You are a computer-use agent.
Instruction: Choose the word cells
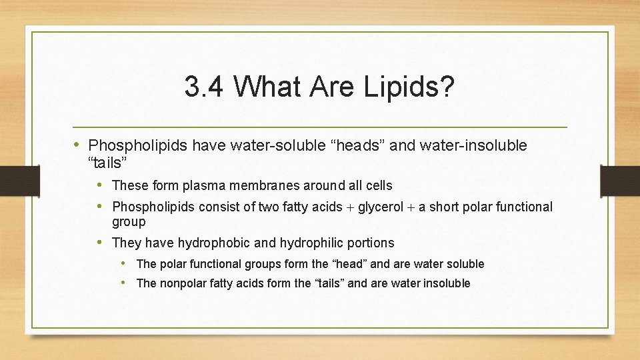[378, 185]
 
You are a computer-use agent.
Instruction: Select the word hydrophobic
[210, 243]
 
